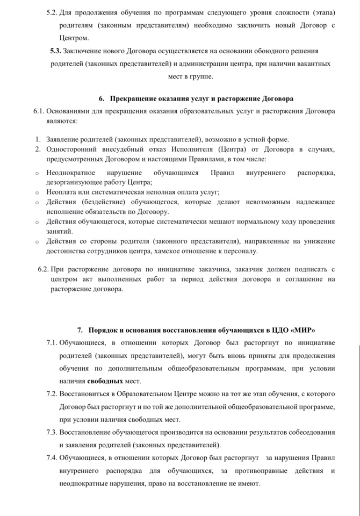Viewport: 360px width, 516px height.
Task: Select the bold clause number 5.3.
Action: click(55, 51)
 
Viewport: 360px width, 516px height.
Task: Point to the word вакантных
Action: click(311, 63)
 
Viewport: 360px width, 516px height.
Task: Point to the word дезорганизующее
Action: click(75, 182)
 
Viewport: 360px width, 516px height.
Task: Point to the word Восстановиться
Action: click(85, 394)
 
